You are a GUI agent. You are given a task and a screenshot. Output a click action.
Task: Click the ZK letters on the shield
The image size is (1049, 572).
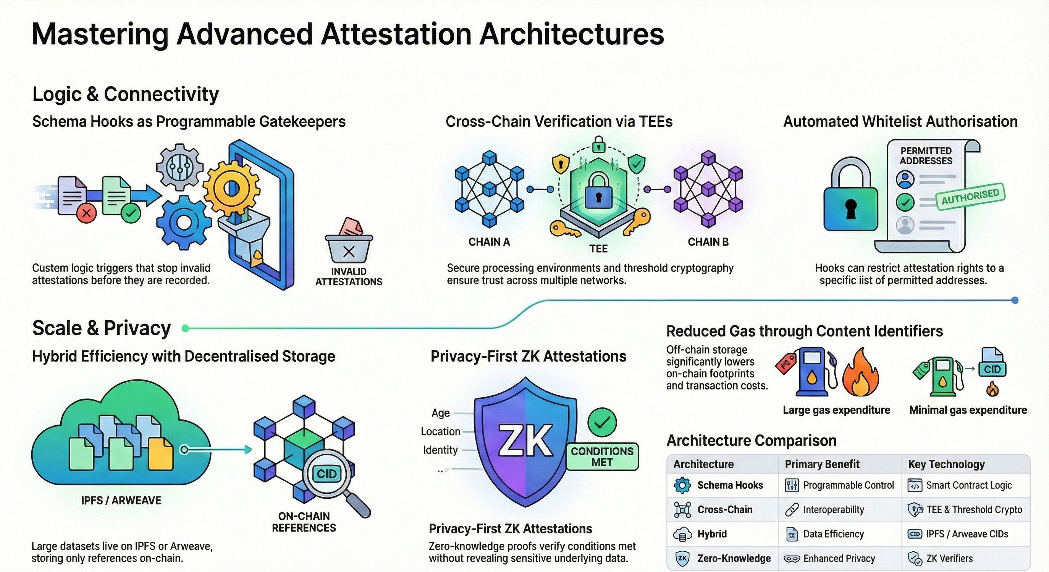(525, 441)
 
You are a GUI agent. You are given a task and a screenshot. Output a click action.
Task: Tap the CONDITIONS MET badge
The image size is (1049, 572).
(602, 456)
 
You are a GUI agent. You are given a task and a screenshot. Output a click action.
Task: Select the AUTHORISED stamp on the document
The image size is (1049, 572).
(970, 197)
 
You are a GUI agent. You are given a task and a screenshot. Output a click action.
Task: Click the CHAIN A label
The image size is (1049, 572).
(489, 242)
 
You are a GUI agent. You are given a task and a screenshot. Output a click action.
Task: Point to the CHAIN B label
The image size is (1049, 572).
(708, 242)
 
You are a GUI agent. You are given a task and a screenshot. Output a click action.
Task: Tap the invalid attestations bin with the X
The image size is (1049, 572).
(349, 248)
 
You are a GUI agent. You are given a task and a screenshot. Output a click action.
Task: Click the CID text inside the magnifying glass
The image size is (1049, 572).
(326, 473)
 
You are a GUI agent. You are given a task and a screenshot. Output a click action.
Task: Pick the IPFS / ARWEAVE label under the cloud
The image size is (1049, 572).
(121, 500)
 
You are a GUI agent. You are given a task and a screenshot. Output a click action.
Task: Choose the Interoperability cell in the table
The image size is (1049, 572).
(833, 510)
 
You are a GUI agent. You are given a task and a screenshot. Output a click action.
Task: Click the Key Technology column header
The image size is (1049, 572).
(946, 464)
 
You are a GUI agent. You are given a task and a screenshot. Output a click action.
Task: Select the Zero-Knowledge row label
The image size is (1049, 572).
(734, 558)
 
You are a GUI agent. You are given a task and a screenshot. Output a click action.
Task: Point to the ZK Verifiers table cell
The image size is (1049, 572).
(949, 558)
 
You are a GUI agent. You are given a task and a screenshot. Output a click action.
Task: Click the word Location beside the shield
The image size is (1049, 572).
(440, 431)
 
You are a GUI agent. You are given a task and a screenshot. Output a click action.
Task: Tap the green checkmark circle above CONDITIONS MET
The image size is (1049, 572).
(602, 422)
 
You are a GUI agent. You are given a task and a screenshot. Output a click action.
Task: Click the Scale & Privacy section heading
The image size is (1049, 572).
(102, 328)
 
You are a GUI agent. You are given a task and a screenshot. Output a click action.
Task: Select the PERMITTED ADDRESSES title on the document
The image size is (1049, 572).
(926, 155)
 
